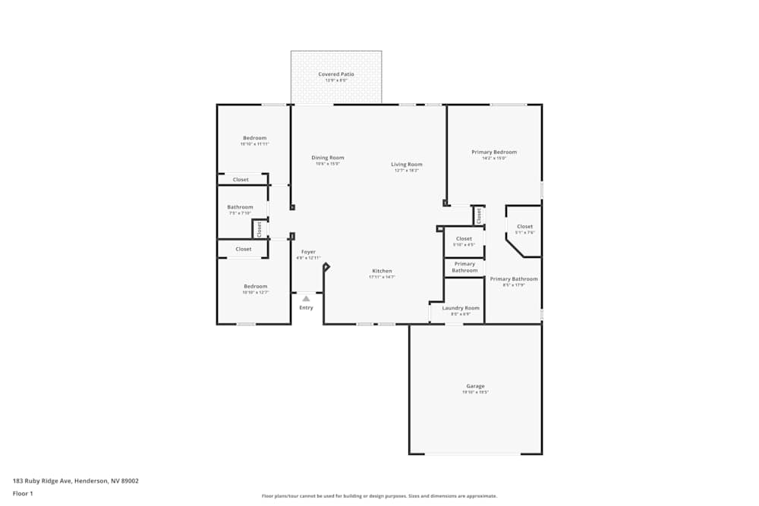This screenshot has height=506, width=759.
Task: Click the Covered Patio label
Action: [x=335, y=74]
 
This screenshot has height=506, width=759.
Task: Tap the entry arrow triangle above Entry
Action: [x=306, y=299]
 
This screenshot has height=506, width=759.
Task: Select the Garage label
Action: [x=475, y=386]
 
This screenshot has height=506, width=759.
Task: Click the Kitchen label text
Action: [x=382, y=271]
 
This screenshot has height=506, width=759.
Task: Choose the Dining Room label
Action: [x=328, y=158]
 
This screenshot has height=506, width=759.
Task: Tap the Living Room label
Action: [x=407, y=165]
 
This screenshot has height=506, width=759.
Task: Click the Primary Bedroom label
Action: [x=493, y=152]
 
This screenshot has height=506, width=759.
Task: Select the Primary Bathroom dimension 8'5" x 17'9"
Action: [x=514, y=285]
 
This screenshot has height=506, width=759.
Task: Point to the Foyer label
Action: [x=308, y=252]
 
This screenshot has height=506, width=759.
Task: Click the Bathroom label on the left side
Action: [x=240, y=207]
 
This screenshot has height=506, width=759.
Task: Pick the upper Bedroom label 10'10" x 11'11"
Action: [x=254, y=138]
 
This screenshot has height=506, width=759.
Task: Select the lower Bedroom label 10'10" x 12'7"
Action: [x=254, y=287]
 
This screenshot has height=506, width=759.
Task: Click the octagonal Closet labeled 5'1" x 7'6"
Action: [x=524, y=227]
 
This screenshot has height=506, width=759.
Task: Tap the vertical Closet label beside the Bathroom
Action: [x=259, y=228]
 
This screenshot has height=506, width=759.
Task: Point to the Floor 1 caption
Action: [x=23, y=493]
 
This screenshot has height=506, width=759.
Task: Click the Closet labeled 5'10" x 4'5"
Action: [x=464, y=239]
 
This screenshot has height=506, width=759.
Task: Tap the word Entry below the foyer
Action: [x=306, y=307]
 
